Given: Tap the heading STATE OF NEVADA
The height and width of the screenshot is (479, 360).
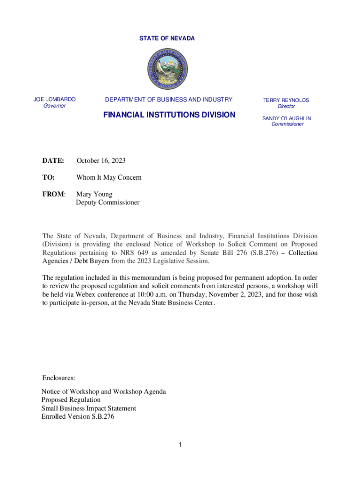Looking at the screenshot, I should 167,38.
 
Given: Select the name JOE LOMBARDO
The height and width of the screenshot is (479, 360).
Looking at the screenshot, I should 55,99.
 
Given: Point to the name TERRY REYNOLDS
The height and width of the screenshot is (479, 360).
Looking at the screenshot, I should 286,100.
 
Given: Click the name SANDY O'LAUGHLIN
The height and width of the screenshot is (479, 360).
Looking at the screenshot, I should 287,118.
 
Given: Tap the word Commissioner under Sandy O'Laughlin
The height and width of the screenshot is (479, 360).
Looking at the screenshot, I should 287,124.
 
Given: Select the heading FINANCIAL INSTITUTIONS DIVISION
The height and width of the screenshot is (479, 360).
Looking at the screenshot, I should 169,114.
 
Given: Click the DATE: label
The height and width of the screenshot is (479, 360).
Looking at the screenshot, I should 53,161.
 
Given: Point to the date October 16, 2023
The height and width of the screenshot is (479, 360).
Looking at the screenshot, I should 101,161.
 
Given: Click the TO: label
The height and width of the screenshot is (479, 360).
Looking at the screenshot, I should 49,178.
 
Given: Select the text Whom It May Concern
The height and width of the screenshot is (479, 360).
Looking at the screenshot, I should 109,178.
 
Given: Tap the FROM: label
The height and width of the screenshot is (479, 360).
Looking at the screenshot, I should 54,194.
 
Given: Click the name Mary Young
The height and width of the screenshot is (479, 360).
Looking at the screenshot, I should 94,194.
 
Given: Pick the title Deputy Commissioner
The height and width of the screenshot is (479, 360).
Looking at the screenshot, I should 108,203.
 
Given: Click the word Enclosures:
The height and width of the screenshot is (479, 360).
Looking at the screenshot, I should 59,377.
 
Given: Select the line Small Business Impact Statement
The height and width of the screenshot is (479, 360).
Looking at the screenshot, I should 89,408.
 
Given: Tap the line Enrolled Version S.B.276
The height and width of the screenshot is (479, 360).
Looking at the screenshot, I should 78,416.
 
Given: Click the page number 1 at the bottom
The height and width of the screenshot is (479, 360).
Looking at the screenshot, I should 180,445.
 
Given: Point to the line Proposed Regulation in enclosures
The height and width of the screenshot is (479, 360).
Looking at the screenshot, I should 71,399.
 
